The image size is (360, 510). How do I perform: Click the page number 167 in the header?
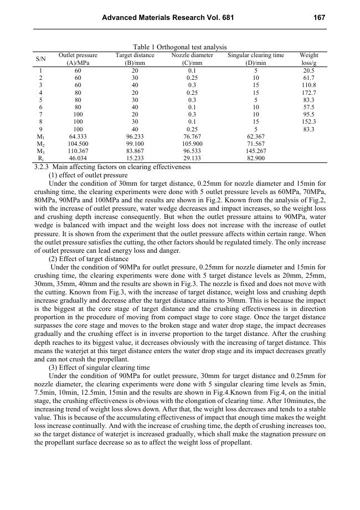point(319,18)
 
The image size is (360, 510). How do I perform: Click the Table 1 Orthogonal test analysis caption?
point(180,48)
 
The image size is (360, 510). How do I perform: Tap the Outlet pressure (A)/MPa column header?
point(78,59)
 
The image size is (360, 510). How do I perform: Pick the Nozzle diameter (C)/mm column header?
point(192,59)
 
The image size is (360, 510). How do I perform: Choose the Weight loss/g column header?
point(309,59)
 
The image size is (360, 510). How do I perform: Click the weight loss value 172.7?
point(309,93)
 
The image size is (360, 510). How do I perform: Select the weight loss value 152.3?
point(309,121)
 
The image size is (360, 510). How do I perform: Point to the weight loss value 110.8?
point(309,85)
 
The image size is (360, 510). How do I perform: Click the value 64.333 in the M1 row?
point(78,136)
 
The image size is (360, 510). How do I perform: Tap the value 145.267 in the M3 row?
point(256,150)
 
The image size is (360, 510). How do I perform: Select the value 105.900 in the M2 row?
point(192,143)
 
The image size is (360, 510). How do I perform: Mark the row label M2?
point(41,143)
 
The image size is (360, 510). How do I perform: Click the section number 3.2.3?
point(42,167)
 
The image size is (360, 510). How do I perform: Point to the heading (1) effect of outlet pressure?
point(88,175)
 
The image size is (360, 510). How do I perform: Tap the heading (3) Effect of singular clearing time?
point(99,368)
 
